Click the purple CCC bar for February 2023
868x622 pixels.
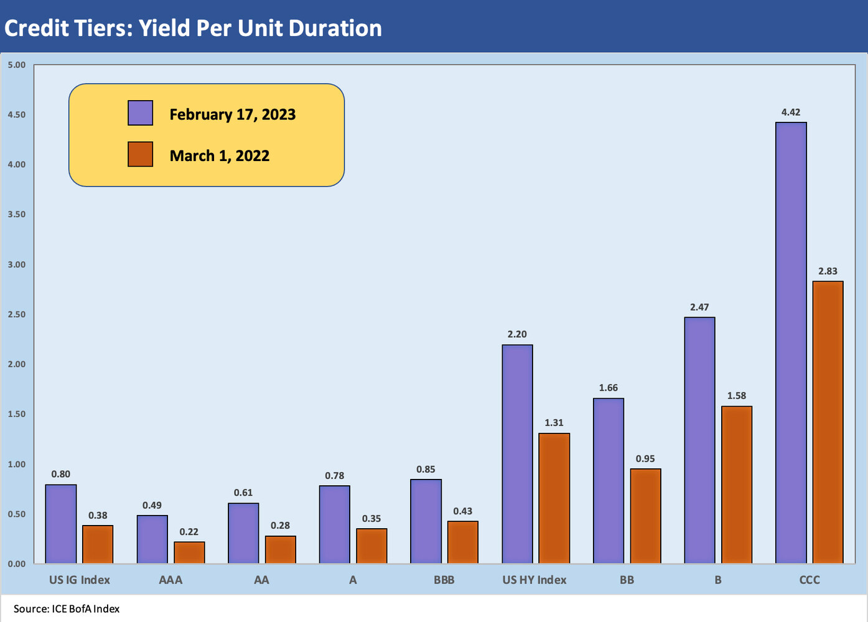pos(791,343)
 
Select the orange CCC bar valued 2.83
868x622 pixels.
pos(828,422)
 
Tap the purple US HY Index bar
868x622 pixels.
pos(517,454)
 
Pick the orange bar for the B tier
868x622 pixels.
pos(737,485)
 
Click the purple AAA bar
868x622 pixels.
pos(152,539)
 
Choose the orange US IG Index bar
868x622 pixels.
pos(98,544)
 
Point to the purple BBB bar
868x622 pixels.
pos(426,521)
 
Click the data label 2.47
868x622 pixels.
pos(699,307)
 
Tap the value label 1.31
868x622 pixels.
pos(554,423)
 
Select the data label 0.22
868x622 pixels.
pos(189,532)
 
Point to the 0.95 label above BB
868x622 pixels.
pos(645,459)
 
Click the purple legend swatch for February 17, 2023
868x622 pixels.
pos(140,113)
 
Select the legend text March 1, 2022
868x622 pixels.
pos(219,155)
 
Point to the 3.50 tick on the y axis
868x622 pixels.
pos(17,215)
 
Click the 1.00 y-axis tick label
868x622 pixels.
pos(17,464)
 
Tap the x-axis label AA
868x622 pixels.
pos(261,580)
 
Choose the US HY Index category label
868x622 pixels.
pos(534,580)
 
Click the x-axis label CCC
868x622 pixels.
pos(809,580)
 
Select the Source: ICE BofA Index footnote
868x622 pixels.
pos(67,609)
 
